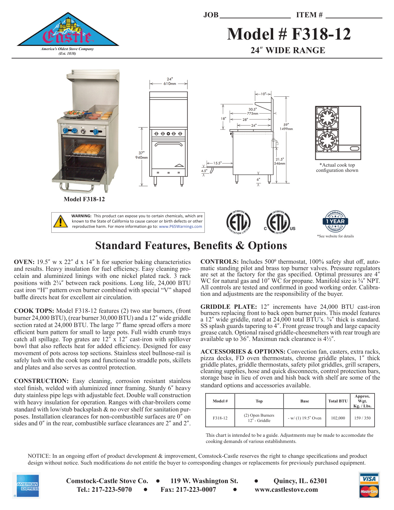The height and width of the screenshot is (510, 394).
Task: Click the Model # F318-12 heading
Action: (x=289, y=34)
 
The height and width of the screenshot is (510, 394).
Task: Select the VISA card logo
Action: (x=369, y=479)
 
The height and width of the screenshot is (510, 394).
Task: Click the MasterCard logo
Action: (x=369, y=491)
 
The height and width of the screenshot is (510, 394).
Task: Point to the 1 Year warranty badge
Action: (x=335, y=221)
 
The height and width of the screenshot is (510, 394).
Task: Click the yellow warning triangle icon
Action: (x=61, y=221)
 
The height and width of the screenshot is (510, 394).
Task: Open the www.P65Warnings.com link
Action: (x=180, y=227)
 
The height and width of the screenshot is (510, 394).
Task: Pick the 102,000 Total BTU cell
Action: (x=338, y=418)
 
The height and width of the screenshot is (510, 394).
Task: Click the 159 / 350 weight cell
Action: (x=362, y=418)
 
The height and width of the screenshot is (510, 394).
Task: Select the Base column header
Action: (x=304, y=401)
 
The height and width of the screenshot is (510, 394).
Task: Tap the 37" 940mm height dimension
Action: (x=142, y=155)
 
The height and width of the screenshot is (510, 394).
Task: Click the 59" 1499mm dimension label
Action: (x=286, y=127)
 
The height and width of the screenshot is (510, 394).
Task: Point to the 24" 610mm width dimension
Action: (x=170, y=81)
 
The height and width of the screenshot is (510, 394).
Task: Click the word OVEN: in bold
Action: (x=24, y=262)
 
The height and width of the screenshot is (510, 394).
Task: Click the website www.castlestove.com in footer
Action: (x=286, y=490)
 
